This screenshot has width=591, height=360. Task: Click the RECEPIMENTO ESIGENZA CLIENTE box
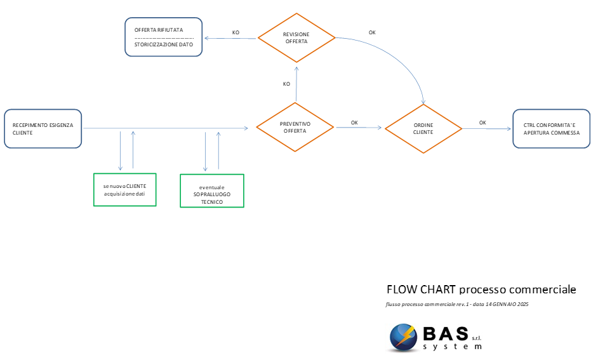[43, 128]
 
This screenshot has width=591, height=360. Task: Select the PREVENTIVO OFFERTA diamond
[295, 127]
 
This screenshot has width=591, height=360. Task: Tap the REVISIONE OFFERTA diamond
[296, 37]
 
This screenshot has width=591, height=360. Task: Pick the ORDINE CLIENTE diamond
[423, 128]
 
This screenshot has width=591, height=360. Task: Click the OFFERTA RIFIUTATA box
[164, 37]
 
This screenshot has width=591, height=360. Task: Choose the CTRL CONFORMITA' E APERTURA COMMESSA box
[552, 128]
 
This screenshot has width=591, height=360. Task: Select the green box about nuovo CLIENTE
[125, 190]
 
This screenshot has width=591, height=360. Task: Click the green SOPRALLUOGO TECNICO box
[212, 190]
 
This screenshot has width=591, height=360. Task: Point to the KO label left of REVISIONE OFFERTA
[236, 32]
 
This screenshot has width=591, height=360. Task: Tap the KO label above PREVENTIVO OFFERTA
[286, 84]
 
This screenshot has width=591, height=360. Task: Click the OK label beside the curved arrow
[372, 32]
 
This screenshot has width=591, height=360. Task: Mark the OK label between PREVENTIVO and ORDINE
[354, 123]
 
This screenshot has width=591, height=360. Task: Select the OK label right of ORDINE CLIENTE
[482, 123]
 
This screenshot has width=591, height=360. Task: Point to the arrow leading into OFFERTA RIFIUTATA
[230, 38]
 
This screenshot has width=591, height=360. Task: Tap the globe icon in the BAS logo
[403, 337]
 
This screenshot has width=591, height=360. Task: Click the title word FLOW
[402, 290]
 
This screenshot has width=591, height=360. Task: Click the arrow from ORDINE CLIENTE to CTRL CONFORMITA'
[487, 128]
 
